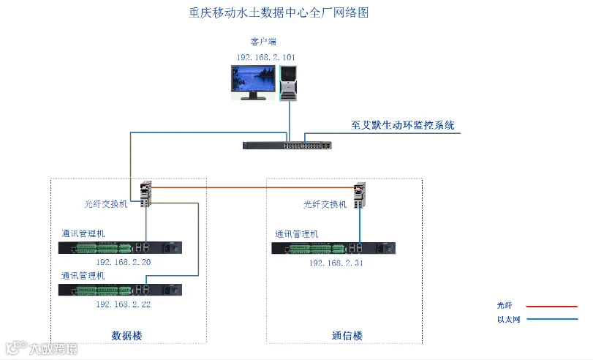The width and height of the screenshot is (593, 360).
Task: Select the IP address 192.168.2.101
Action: click(265, 57)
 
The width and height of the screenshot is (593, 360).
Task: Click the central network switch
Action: click(287, 145)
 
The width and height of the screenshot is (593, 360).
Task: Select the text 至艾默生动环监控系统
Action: click(402, 125)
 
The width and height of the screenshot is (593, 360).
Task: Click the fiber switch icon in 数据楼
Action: click(146, 194)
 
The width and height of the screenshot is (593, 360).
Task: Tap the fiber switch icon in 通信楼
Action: click(359, 195)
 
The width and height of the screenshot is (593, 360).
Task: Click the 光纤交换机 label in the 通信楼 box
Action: click(325, 204)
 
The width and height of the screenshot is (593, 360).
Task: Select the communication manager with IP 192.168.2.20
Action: click(120, 247)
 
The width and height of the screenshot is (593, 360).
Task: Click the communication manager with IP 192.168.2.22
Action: click(120, 290)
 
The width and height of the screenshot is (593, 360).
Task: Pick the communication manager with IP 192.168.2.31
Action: click(333, 248)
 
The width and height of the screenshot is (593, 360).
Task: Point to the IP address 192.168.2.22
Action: click(123, 304)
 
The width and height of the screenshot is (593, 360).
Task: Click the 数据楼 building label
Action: click(126, 335)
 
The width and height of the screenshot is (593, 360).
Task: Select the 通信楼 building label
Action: click(347, 336)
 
